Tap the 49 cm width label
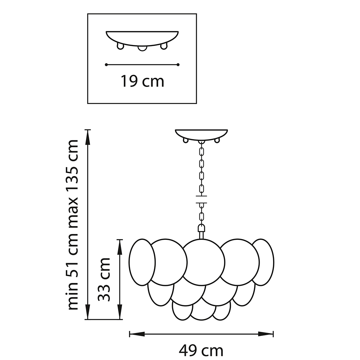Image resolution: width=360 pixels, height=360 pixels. pos(201,351)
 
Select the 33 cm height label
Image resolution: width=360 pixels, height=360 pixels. pos(104,279)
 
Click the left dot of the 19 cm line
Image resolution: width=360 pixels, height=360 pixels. pos(106,65)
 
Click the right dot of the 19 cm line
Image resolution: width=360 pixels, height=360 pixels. pos(178,65)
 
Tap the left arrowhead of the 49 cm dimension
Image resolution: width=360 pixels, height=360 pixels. pos(137,334)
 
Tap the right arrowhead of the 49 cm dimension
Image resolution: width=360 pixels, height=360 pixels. pos(266,334)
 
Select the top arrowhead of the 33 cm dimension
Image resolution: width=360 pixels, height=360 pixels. pos(120,247)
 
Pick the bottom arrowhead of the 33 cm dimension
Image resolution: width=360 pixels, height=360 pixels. pos(120,311)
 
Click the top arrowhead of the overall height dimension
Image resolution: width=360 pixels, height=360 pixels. pos(88,137)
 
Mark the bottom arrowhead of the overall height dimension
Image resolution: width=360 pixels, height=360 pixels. pos(88,311)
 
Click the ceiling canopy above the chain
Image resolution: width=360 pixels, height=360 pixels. pos(201,136)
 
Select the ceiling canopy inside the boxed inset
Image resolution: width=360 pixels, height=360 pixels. pos(142,41)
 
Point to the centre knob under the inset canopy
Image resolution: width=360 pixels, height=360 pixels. pos(142,48)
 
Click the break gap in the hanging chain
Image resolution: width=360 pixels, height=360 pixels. pos(201,199)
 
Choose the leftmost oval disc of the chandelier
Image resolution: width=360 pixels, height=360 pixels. pos(142,262)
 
